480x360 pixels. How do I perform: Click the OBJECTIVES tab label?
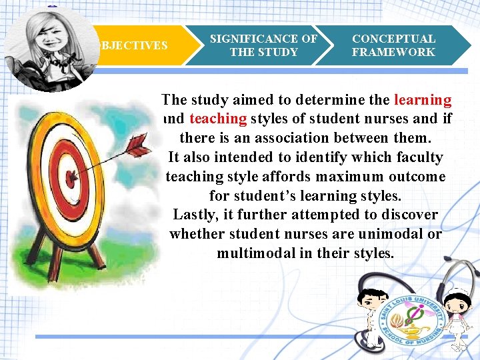click(x=132, y=45)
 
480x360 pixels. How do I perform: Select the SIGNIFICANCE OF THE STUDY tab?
click(x=263, y=45)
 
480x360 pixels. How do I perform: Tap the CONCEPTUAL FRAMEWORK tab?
click(x=393, y=45)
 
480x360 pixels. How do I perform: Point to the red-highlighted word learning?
click(x=423, y=100)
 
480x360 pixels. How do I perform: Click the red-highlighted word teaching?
click(x=218, y=119)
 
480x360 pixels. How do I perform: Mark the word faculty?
click(x=419, y=157)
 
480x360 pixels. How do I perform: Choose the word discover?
click(x=407, y=215)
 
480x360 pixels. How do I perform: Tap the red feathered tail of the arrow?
click(x=139, y=142)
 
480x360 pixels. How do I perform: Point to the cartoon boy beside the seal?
click(x=366, y=313)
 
